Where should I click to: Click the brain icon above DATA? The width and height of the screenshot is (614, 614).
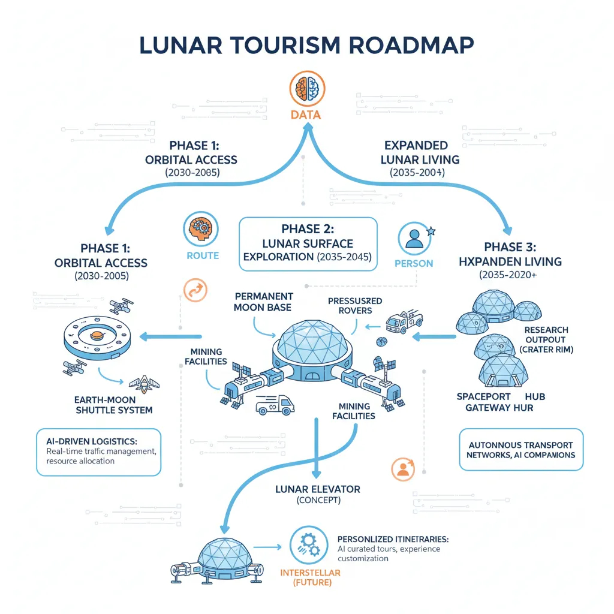coord(306,88)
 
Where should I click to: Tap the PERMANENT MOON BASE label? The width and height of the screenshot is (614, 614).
coord(264,302)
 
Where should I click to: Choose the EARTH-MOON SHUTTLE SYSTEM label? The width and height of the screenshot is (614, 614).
coord(114,405)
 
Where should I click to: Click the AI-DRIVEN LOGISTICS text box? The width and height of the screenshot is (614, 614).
coord(98,452)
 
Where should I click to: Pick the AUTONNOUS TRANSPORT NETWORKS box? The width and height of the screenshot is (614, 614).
coord(520,450)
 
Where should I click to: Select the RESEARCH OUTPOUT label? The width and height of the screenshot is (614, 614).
coord(546,339)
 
